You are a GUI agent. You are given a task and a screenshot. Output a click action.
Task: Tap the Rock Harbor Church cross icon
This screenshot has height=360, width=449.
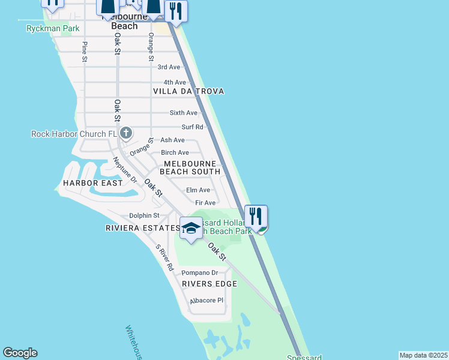[126, 133]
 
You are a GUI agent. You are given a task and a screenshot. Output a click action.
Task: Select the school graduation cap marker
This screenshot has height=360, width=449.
[191, 229]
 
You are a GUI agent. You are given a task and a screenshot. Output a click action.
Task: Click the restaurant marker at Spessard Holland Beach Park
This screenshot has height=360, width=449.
[256, 217]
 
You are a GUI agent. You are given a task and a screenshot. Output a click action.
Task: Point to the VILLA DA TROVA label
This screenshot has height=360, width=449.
[188, 91]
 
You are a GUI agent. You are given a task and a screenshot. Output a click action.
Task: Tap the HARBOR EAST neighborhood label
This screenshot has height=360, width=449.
[92, 182]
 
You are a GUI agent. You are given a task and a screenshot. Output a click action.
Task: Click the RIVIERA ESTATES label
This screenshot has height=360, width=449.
[142, 228]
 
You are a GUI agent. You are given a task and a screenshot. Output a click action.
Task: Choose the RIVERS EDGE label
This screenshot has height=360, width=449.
[209, 284]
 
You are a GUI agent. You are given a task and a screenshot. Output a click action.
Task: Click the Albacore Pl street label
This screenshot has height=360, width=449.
[206, 301]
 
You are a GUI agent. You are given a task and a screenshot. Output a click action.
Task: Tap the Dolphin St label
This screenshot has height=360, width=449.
[144, 215]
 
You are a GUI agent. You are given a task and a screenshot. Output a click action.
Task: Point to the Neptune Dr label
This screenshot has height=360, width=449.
[125, 170]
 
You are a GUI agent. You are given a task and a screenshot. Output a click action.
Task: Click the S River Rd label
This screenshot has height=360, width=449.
[164, 257]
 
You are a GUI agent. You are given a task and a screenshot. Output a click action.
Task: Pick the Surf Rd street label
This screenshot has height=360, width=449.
[192, 127]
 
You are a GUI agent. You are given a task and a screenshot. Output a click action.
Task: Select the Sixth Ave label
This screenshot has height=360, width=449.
[183, 113]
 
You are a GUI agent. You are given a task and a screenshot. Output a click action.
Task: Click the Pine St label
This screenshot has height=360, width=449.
[85, 52]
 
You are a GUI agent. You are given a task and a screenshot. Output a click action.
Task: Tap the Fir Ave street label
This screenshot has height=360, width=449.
[205, 203]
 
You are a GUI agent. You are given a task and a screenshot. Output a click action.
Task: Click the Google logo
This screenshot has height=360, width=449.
[20, 353]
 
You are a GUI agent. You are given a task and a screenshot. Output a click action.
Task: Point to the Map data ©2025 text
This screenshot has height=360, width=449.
[424, 355]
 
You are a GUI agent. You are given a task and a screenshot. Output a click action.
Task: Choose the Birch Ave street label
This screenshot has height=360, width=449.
[175, 152]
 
